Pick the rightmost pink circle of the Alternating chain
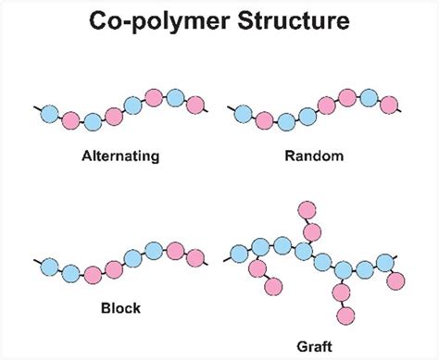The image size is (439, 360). [x=194, y=106]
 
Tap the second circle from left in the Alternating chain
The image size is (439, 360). [x=71, y=119]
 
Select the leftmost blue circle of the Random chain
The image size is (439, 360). [x=243, y=113]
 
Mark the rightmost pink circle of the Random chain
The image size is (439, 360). [x=389, y=105]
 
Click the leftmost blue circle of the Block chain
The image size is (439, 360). [x=51, y=265]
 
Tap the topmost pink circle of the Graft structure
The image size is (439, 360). [x=312, y=207]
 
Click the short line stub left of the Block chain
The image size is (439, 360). [x=37, y=259]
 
